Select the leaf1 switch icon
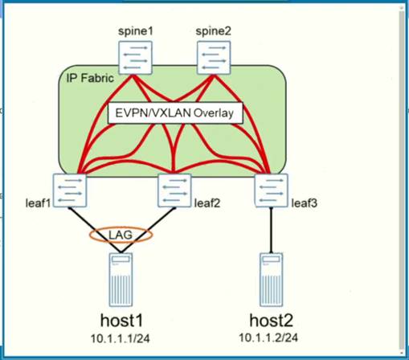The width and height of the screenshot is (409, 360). pos(70,190)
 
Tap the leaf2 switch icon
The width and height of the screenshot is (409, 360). pos(175,190)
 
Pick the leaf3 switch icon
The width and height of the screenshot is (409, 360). pos(269,190)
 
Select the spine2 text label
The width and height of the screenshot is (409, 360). pos(212,32)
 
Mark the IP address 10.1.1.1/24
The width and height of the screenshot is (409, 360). pos(123,337)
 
